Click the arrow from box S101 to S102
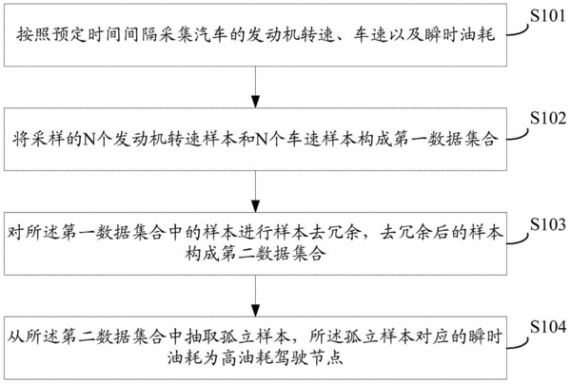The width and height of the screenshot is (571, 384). [256, 87]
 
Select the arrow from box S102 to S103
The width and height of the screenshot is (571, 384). [256, 191]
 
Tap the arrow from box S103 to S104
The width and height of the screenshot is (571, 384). [256, 296]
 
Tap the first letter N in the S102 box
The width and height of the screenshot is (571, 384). [89, 140]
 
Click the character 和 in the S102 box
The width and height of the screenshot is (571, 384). [246, 140]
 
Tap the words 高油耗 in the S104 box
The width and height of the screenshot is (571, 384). [246, 357]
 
